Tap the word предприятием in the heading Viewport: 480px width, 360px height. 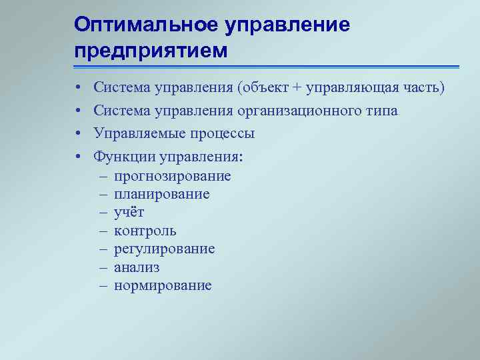[x=151, y=50]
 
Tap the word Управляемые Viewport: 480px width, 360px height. [x=141, y=133]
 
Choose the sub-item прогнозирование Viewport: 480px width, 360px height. [x=173, y=176]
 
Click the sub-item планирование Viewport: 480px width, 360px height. [x=162, y=195]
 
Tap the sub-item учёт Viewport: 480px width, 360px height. [x=129, y=213]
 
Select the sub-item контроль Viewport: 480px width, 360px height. [x=145, y=231]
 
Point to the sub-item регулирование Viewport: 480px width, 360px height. [x=165, y=249]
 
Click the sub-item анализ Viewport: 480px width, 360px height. [x=137, y=267]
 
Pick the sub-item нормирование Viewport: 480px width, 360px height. [x=163, y=286]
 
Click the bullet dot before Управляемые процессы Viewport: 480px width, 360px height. [x=78, y=134]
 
